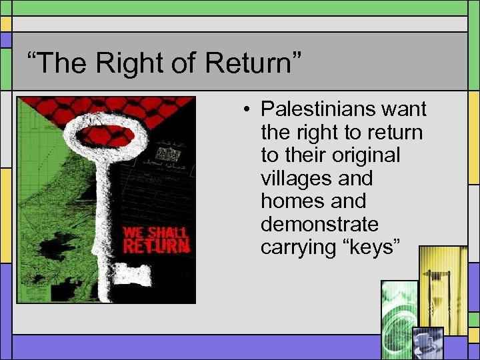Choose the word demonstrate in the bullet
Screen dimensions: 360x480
[319, 224]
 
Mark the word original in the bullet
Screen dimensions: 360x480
[361, 155]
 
